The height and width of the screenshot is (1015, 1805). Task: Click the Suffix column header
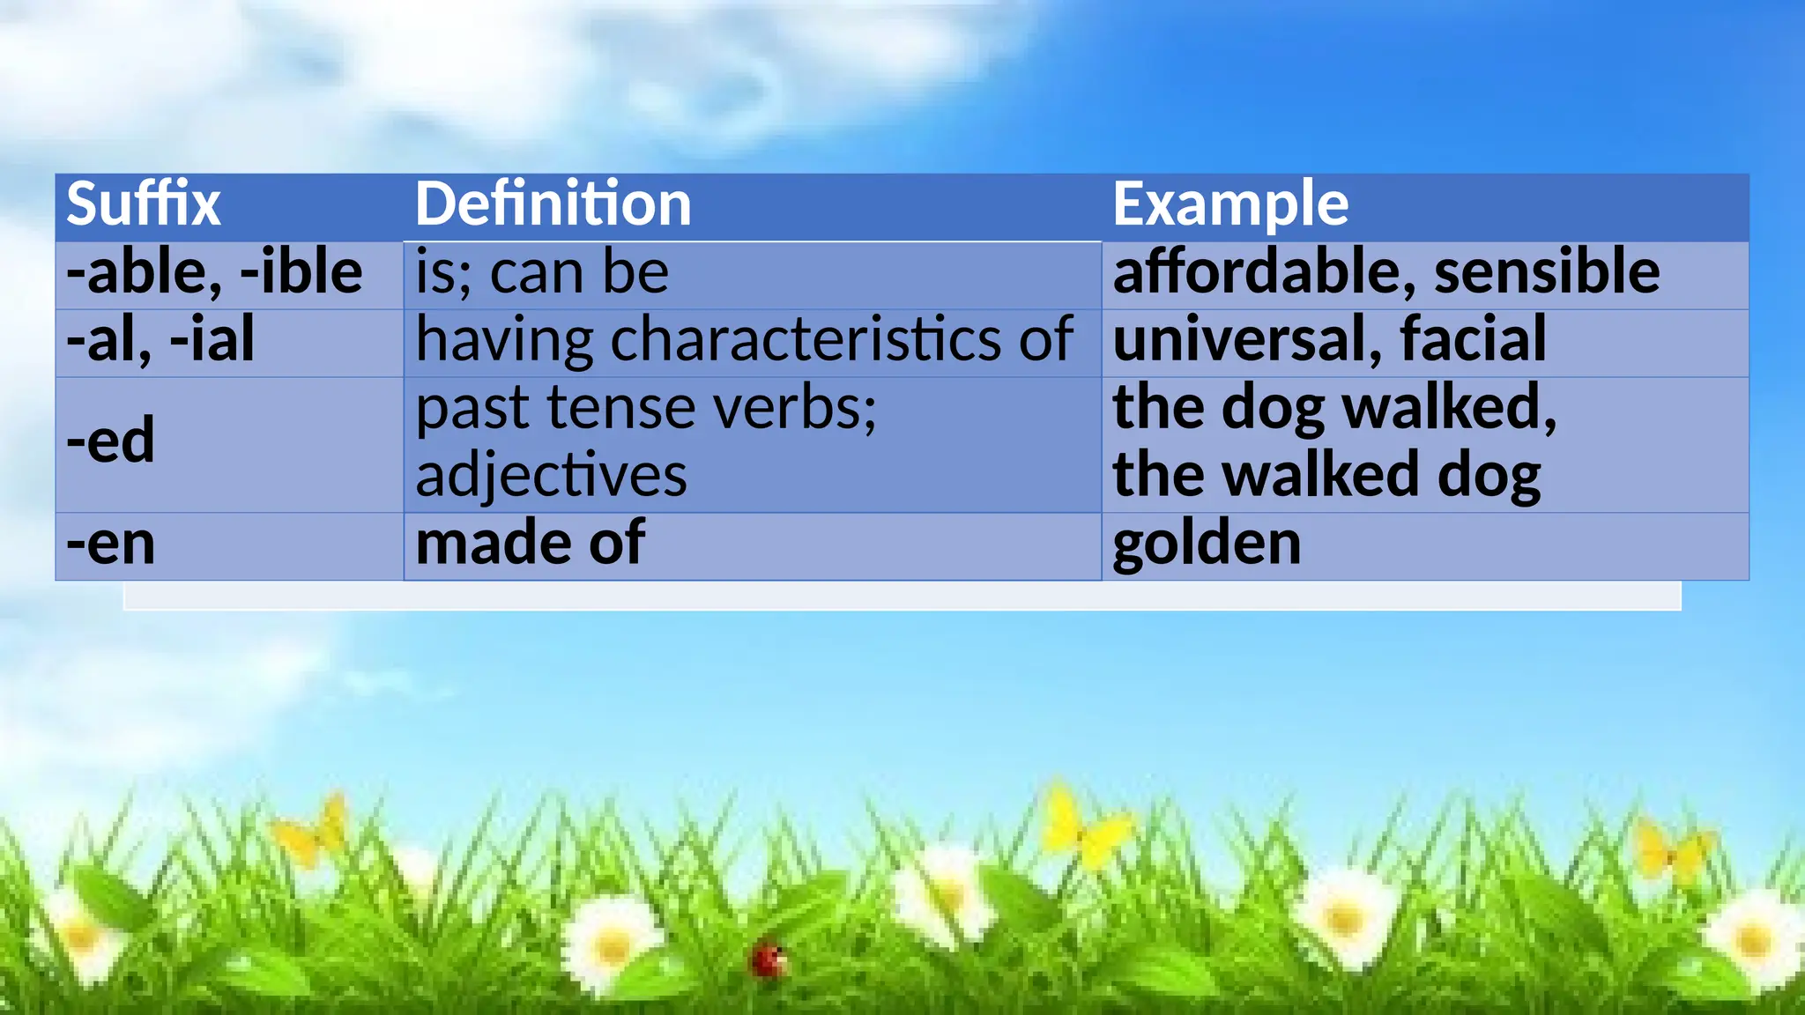143,204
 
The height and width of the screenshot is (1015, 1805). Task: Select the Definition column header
553,204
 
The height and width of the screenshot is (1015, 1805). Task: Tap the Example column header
1229,204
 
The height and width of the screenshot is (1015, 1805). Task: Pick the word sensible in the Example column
1547,271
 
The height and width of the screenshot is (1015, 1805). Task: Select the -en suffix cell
111,544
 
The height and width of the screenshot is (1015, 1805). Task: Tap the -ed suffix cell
111,441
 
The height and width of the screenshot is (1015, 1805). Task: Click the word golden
1207,544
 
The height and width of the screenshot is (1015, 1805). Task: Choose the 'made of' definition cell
530,544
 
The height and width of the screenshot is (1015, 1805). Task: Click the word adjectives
551,477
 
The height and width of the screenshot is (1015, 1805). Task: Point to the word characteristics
806,339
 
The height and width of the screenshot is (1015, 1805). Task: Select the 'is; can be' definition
541,272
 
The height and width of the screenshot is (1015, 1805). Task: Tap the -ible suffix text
301,271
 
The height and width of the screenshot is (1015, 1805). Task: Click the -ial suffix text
212,339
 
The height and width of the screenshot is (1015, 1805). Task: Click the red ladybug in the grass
769,959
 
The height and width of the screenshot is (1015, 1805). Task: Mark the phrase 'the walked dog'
1326,476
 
